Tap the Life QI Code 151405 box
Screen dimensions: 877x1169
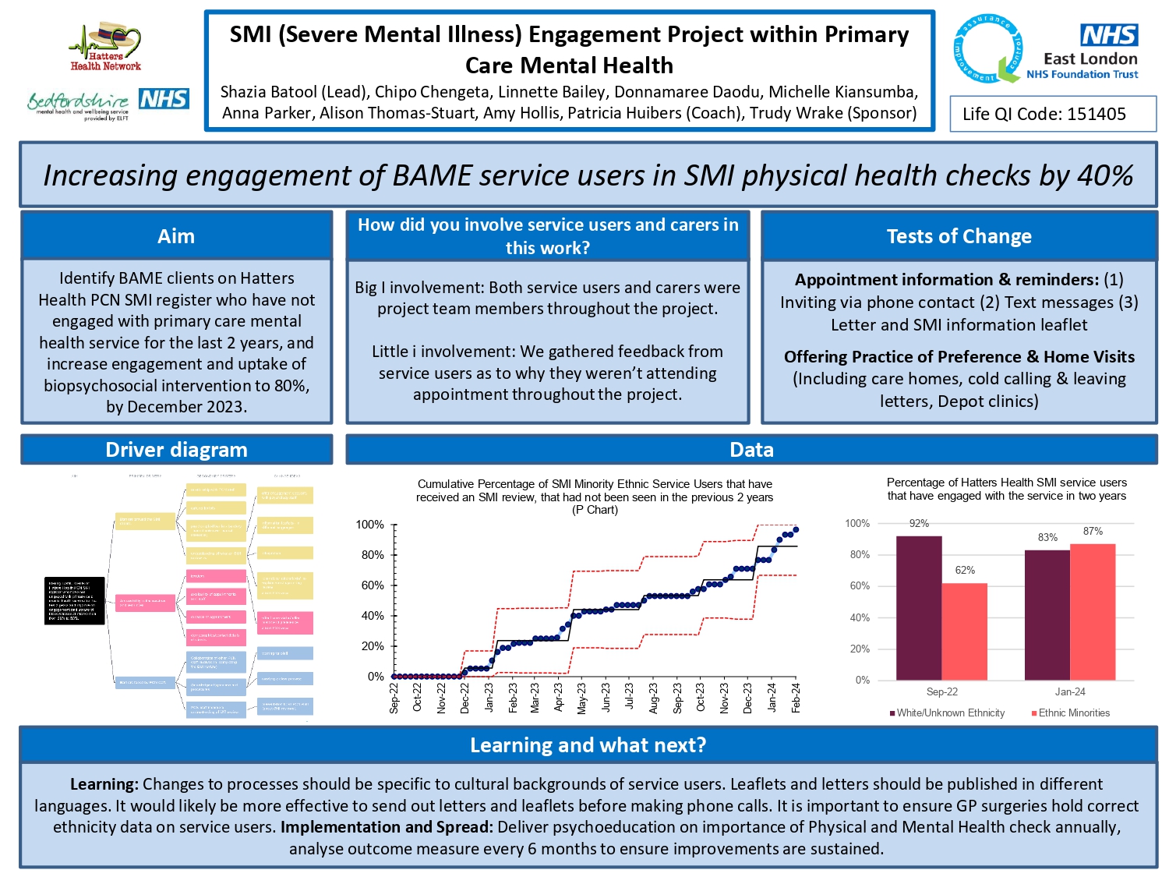pos(1052,115)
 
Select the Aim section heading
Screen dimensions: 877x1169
pos(176,236)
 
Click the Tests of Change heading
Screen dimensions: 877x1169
pos(959,236)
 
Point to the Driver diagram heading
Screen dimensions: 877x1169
pos(176,450)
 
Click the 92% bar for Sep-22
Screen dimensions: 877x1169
pos(919,608)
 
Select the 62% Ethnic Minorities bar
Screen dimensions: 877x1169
pos(965,631)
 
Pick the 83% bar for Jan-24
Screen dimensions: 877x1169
pos(1047,615)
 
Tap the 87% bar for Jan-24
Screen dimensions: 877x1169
pos(1093,612)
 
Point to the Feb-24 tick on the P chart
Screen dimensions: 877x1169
pos(796,698)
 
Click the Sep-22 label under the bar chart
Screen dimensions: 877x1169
pos(942,691)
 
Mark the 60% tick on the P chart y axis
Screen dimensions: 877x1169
pos(373,585)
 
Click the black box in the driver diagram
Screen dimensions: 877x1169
pos(75,600)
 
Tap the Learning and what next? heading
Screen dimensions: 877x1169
pos(588,745)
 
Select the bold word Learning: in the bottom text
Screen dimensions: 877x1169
pos(104,784)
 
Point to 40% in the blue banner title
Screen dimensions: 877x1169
pos(1104,175)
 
